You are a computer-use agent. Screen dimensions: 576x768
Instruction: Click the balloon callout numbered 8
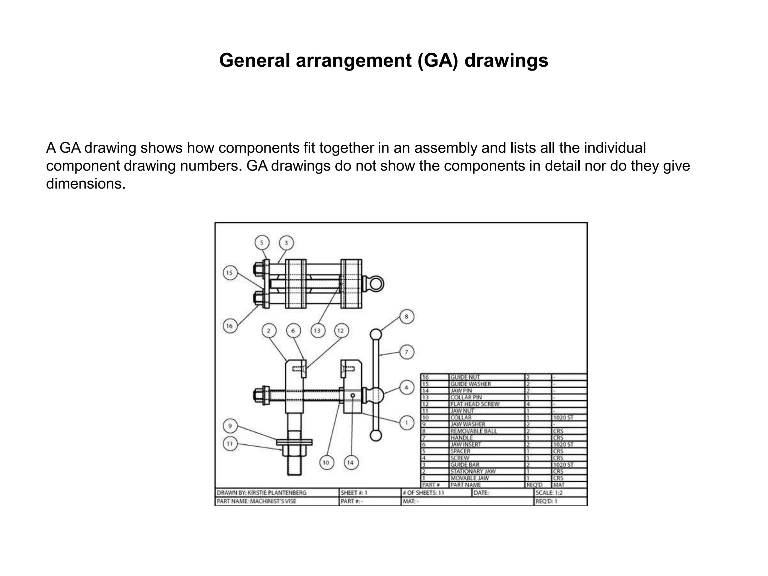406,316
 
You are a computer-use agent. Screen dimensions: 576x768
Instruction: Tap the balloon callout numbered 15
229,273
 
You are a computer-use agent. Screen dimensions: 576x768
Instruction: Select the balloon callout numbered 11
229,444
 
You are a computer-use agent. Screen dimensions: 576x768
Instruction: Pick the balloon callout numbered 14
351,462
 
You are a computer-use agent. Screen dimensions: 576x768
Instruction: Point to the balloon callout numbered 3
286,243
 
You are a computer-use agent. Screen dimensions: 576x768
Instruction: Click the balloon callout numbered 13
317,331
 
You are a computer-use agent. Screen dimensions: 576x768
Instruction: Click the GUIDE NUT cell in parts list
465,377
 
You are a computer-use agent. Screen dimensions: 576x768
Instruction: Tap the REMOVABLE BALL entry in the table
473,431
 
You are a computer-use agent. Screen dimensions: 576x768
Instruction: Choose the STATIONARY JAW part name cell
472,471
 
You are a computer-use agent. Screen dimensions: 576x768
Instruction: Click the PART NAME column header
465,485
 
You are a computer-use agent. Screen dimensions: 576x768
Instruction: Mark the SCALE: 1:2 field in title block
549,493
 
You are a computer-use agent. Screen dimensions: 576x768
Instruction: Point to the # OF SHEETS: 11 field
423,493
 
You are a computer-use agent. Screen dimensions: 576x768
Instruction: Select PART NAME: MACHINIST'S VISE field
256,501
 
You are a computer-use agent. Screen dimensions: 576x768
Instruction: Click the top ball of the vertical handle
376,334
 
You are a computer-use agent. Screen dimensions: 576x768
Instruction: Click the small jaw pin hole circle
352,395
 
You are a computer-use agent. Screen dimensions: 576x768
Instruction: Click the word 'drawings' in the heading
506,60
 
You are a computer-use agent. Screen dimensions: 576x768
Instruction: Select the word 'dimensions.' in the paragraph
85,184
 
